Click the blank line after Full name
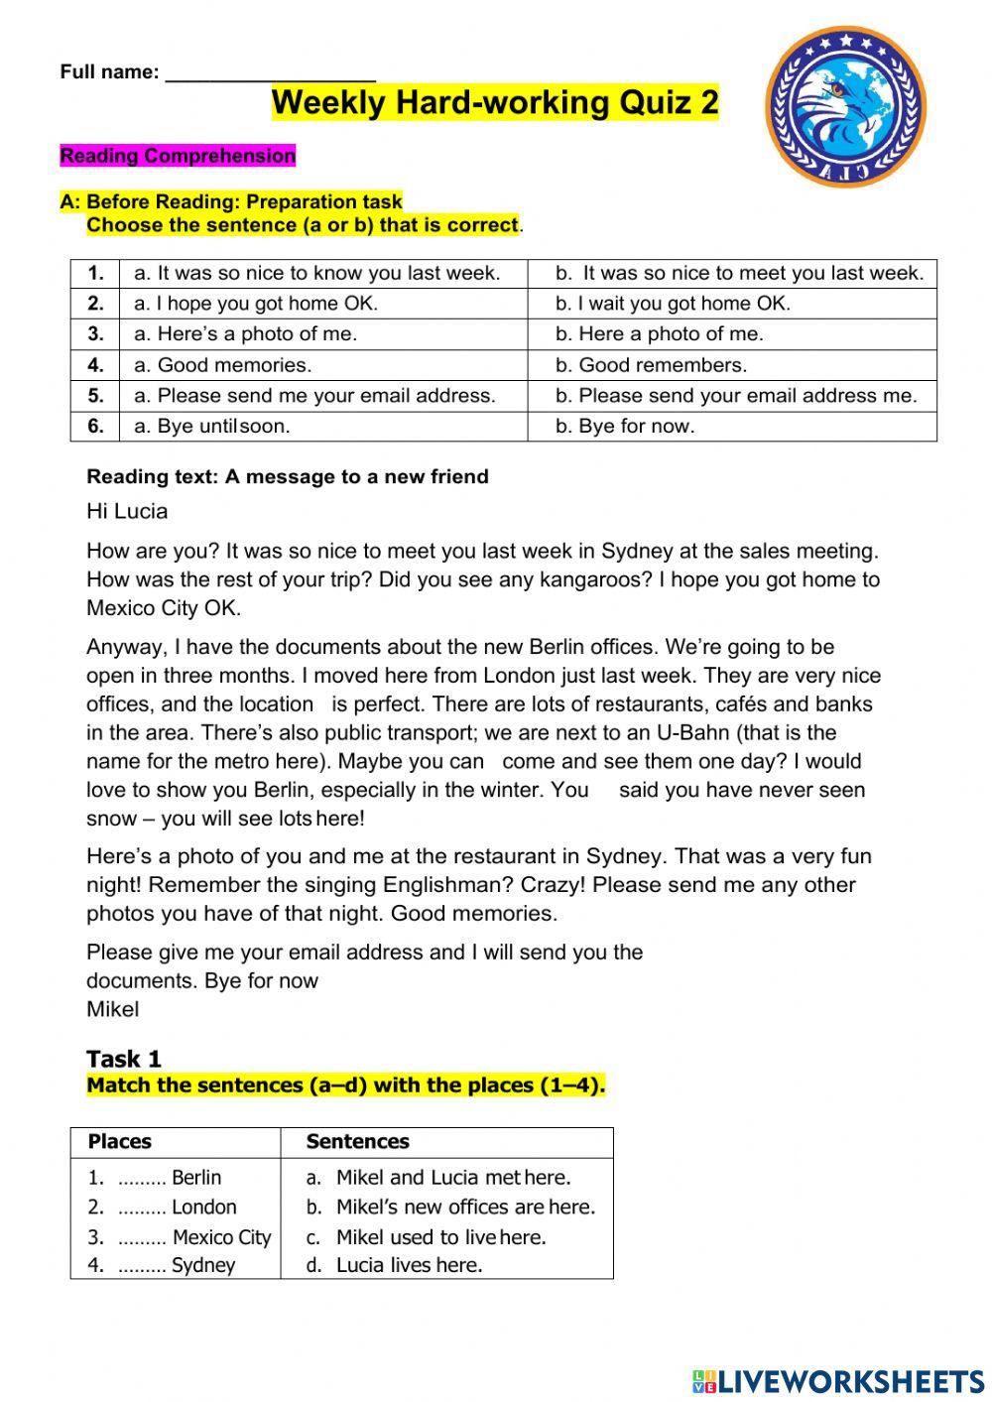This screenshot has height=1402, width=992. tap(270, 73)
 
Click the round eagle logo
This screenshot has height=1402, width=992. tap(845, 107)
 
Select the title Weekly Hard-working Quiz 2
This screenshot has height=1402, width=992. tap(495, 103)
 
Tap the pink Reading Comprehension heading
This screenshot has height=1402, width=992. tap(178, 156)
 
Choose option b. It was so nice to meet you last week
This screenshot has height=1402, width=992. tap(739, 273)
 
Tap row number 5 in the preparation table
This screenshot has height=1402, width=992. tap(95, 396)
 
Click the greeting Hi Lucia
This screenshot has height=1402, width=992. tap(127, 512)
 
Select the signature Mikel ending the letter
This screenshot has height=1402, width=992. tap(113, 1010)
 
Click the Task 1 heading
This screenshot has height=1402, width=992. tap(124, 1059)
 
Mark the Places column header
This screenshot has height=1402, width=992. tap(120, 1142)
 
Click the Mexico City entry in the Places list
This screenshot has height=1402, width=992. tap(220, 1237)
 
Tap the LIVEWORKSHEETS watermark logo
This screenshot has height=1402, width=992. tap(838, 1381)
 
